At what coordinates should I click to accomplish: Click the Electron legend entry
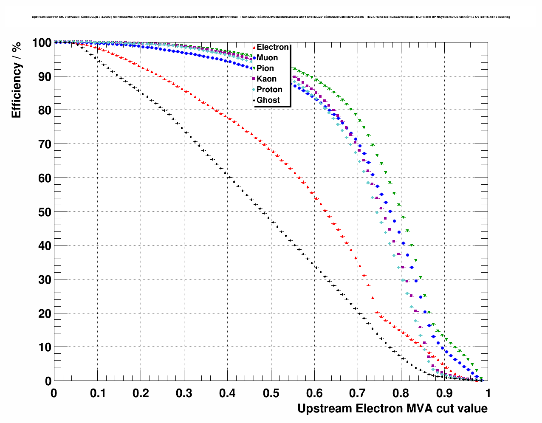pyautogui.click(x=272, y=47)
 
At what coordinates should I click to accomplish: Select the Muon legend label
pyautogui.click(x=267, y=58)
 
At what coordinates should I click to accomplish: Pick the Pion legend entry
pyautogui.click(x=265, y=68)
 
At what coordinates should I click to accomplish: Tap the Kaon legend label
pyautogui.click(x=266, y=79)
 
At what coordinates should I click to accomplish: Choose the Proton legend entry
pyautogui.click(x=269, y=90)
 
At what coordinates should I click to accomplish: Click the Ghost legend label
pyautogui.click(x=268, y=100)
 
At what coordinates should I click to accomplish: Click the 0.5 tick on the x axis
pyautogui.click(x=271, y=393)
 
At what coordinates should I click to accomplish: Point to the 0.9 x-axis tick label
pyautogui.click(x=445, y=393)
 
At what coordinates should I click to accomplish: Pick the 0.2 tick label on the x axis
pyautogui.click(x=141, y=393)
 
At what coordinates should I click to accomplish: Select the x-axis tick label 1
pyautogui.click(x=488, y=393)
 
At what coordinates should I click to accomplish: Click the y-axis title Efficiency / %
pyautogui.click(x=16, y=80)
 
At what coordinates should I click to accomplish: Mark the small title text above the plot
pyautogui.click(x=271, y=17)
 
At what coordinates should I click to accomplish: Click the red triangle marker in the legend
pyautogui.click(x=254, y=47)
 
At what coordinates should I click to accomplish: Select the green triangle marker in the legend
pyautogui.click(x=254, y=68)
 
